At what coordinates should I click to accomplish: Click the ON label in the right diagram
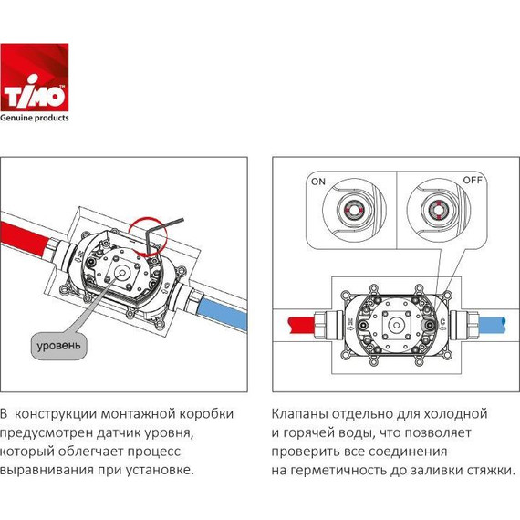point(318,182)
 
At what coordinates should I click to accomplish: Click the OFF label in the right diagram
point(473,181)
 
